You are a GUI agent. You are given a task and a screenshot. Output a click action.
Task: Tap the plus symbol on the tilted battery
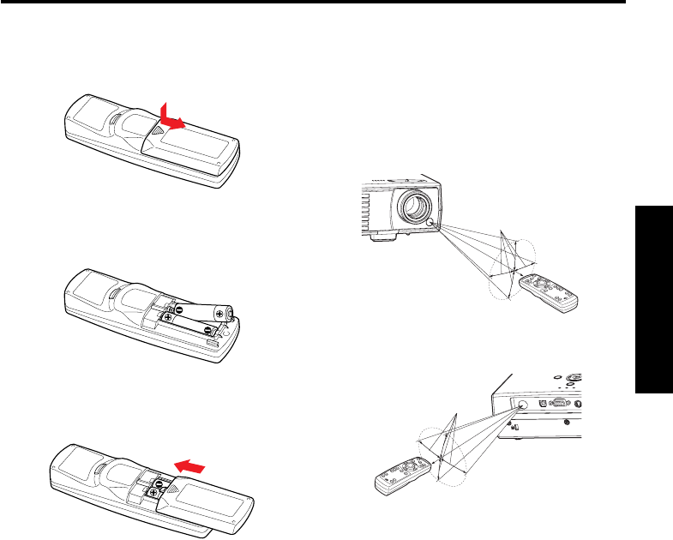pyautogui.click(x=221, y=314)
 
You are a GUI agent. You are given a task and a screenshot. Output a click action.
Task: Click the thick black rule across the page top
pyautogui.click(x=313, y=2)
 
